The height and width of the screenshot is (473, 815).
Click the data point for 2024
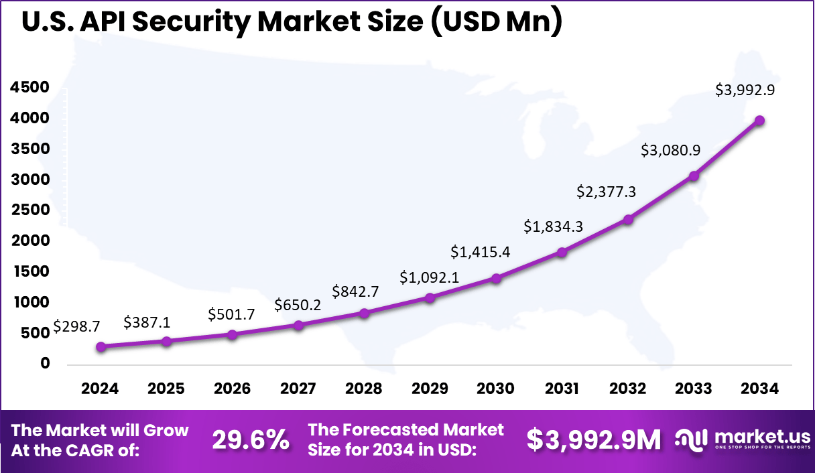tap(101, 347)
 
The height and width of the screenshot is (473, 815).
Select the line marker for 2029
tap(430, 297)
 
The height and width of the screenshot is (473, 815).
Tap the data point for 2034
tap(759, 121)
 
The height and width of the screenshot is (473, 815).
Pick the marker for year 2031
tap(562, 253)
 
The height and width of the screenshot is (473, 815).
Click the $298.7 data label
tap(76, 326)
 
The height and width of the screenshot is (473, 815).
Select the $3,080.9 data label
tap(672, 150)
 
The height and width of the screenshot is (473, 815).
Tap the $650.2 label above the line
tap(297, 306)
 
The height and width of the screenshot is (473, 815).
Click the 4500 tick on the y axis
tap(29, 87)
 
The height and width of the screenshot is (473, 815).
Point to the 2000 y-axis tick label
tap(29, 241)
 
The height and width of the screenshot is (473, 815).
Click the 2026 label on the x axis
tap(233, 389)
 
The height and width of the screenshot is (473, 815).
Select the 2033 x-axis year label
tap(694, 389)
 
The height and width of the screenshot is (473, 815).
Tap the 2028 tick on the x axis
tap(365, 389)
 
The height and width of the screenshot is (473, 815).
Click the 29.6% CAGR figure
tap(251, 440)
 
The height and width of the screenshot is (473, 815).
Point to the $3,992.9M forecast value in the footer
tap(593, 440)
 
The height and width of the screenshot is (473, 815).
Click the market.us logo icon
tap(691, 440)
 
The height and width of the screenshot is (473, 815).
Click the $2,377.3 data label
tap(607, 192)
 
